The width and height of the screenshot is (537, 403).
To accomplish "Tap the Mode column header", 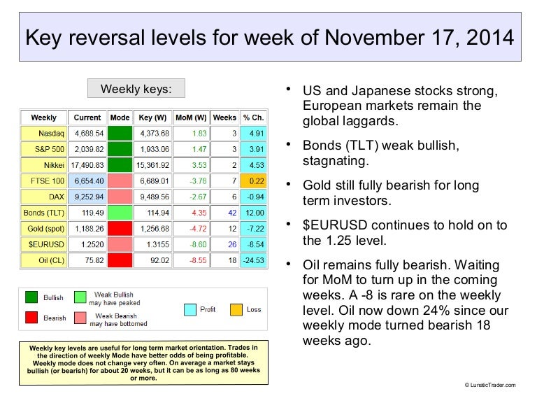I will click(x=120, y=117).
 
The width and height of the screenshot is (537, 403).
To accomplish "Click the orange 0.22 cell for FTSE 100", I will click(x=253, y=181).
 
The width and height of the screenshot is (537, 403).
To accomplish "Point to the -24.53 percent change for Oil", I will click(x=252, y=261).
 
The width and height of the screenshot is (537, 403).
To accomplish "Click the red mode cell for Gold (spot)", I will click(x=120, y=229).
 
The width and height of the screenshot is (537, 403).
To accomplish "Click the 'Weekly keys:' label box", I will click(x=136, y=89).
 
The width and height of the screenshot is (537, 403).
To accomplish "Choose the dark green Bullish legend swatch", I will click(x=32, y=298).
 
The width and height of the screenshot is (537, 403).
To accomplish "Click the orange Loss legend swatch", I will click(x=237, y=309).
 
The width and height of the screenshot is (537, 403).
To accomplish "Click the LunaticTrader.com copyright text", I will click(x=489, y=385).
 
